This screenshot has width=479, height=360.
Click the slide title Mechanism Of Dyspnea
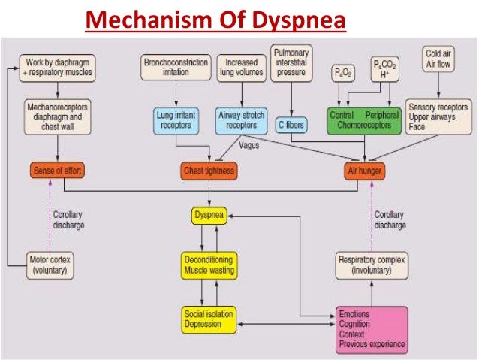(x=215, y=18)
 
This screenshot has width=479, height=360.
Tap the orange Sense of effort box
(x=59, y=171)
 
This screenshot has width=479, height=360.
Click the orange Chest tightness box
(x=209, y=171)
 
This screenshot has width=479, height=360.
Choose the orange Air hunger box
(x=365, y=171)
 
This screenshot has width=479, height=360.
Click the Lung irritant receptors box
(x=176, y=119)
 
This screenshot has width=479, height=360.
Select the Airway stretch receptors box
(x=242, y=119)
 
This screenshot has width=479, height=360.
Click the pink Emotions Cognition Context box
(x=372, y=328)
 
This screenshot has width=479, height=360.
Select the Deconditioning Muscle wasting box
(x=209, y=265)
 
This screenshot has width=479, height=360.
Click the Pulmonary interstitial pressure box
(x=292, y=64)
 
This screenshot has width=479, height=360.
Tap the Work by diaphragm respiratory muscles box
(x=59, y=67)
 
